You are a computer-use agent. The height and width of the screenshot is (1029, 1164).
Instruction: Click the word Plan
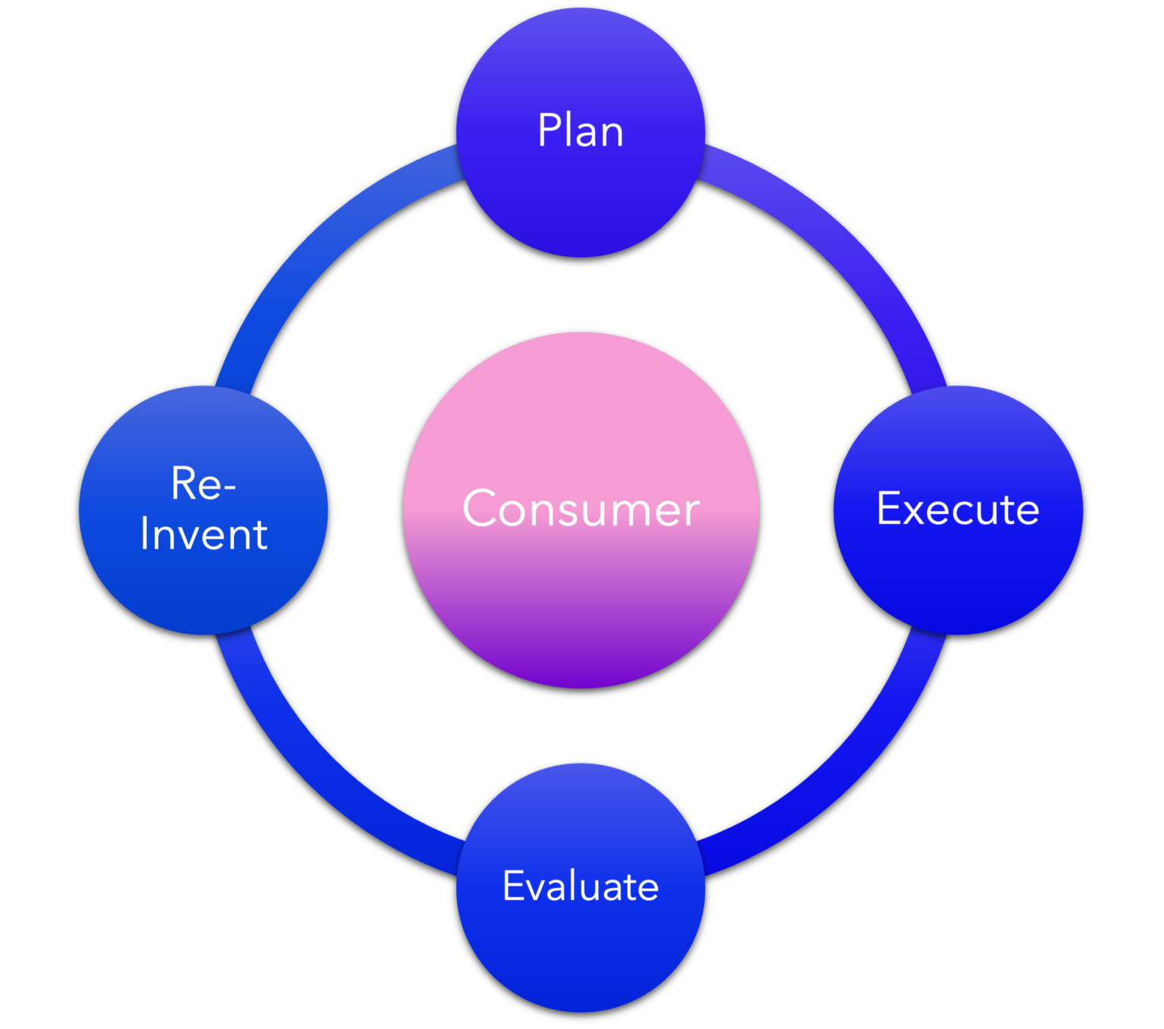(x=580, y=130)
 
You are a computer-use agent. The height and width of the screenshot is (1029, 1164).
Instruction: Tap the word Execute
(x=958, y=509)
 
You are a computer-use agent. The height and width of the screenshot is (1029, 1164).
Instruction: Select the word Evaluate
(x=580, y=886)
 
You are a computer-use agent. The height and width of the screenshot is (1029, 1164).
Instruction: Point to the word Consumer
(x=581, y=509)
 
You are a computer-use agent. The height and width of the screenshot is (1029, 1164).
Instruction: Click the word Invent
(x=204, y=535)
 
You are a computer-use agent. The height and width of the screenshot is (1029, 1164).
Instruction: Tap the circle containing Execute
(x=958, y=576)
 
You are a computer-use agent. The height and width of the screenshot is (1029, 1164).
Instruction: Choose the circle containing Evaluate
(x=580, y=955)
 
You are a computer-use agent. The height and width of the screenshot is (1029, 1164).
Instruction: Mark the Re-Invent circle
(x=203, y=591)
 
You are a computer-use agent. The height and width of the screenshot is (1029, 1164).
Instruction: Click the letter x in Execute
(x=915, y=510)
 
